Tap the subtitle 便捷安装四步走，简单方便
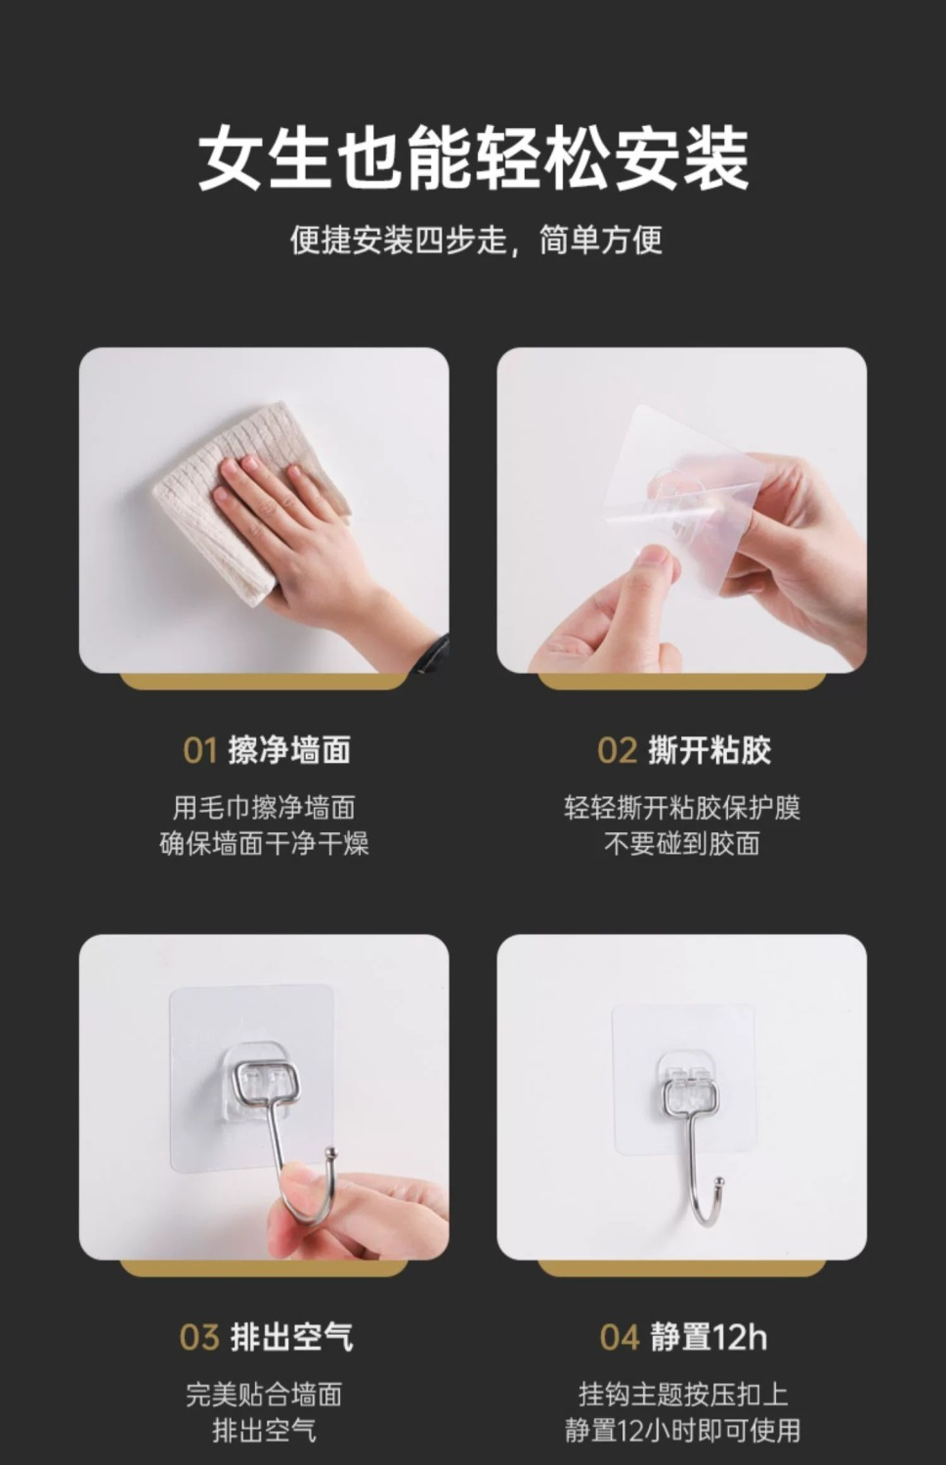point(476,240)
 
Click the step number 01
point(199,751)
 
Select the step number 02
point(617,751)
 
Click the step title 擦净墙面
point(289,750)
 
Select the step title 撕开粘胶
point(709,750)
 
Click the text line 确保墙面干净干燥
point(264,844)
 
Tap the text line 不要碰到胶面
point(682,844)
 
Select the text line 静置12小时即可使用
point(682,1431)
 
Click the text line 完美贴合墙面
point(264,1395)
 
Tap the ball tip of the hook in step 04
point(720,1181)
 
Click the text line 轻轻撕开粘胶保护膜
point(682,809)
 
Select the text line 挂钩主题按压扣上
point(682,1395)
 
